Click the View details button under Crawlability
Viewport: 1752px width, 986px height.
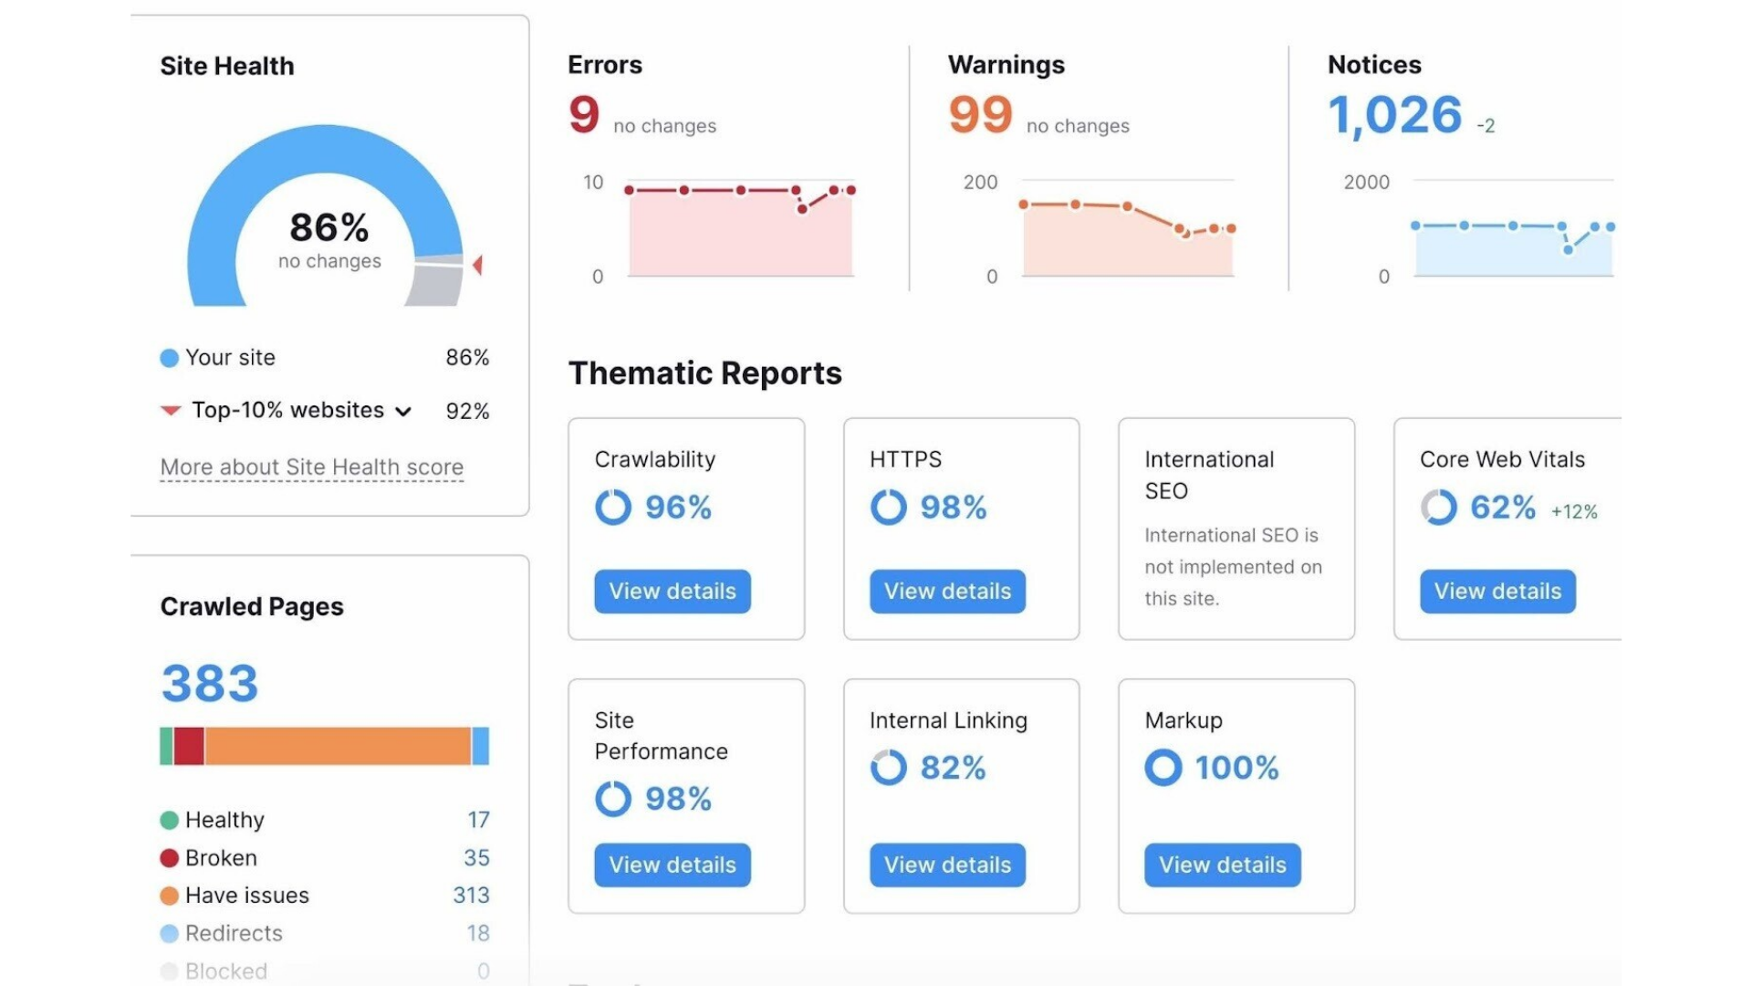tap(673, 592)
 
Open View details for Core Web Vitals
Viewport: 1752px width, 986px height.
tap(1497, 592)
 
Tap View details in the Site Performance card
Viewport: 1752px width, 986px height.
tap(673, 865)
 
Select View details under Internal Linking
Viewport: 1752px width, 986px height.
tap(947, 865)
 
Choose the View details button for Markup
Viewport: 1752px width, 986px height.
tap(1222, 865)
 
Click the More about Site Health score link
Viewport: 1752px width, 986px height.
tap(312, 467)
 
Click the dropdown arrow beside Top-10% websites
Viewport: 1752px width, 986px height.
tap(403, 412)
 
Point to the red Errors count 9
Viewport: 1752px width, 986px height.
tap(584, 115)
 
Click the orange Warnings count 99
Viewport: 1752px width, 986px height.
tap(980, 115)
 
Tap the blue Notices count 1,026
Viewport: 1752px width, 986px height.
tap(1394, 116)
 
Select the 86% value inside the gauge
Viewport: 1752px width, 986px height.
tap(329, 227)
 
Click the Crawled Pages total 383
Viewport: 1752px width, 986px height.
tap(210, 683)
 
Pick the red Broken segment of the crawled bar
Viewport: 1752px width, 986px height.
tap(189, 746)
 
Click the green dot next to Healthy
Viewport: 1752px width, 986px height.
tap(169, 820)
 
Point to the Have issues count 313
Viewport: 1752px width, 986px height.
tap(471, 896)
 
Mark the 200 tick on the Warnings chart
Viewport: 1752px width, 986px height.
tap(980, 183)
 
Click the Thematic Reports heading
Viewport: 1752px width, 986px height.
tap(704, 373)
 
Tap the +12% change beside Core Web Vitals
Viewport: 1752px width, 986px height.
tap(1574, 512)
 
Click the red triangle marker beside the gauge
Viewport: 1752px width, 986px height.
tap(477, 265)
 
